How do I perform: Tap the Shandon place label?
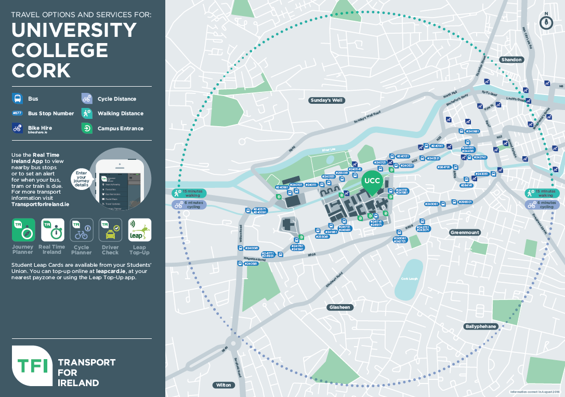(x=511, y=60)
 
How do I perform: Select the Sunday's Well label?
(x=327, y=100)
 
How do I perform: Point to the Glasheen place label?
(x=340, y=307)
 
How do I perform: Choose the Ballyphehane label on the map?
(x=480, y=326)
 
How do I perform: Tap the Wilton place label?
(x=224, y=385)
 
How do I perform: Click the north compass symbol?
(x=546, y=22)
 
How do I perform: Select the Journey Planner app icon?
(x=23, y=230)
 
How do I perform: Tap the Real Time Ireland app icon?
(x=52, y=230)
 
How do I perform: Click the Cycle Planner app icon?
(x=81, y=230)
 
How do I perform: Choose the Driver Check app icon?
(x=110, y=230)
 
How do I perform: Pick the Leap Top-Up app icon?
(x=139, y=230)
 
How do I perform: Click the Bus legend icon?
(x=18, y=99)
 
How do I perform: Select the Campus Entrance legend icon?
(x=87, y=128)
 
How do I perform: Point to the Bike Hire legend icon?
(x=18, y=128)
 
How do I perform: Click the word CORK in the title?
(x=41, y=70)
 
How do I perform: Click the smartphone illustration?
(x=121, y=182)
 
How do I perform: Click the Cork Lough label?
(x=410, y=278)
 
